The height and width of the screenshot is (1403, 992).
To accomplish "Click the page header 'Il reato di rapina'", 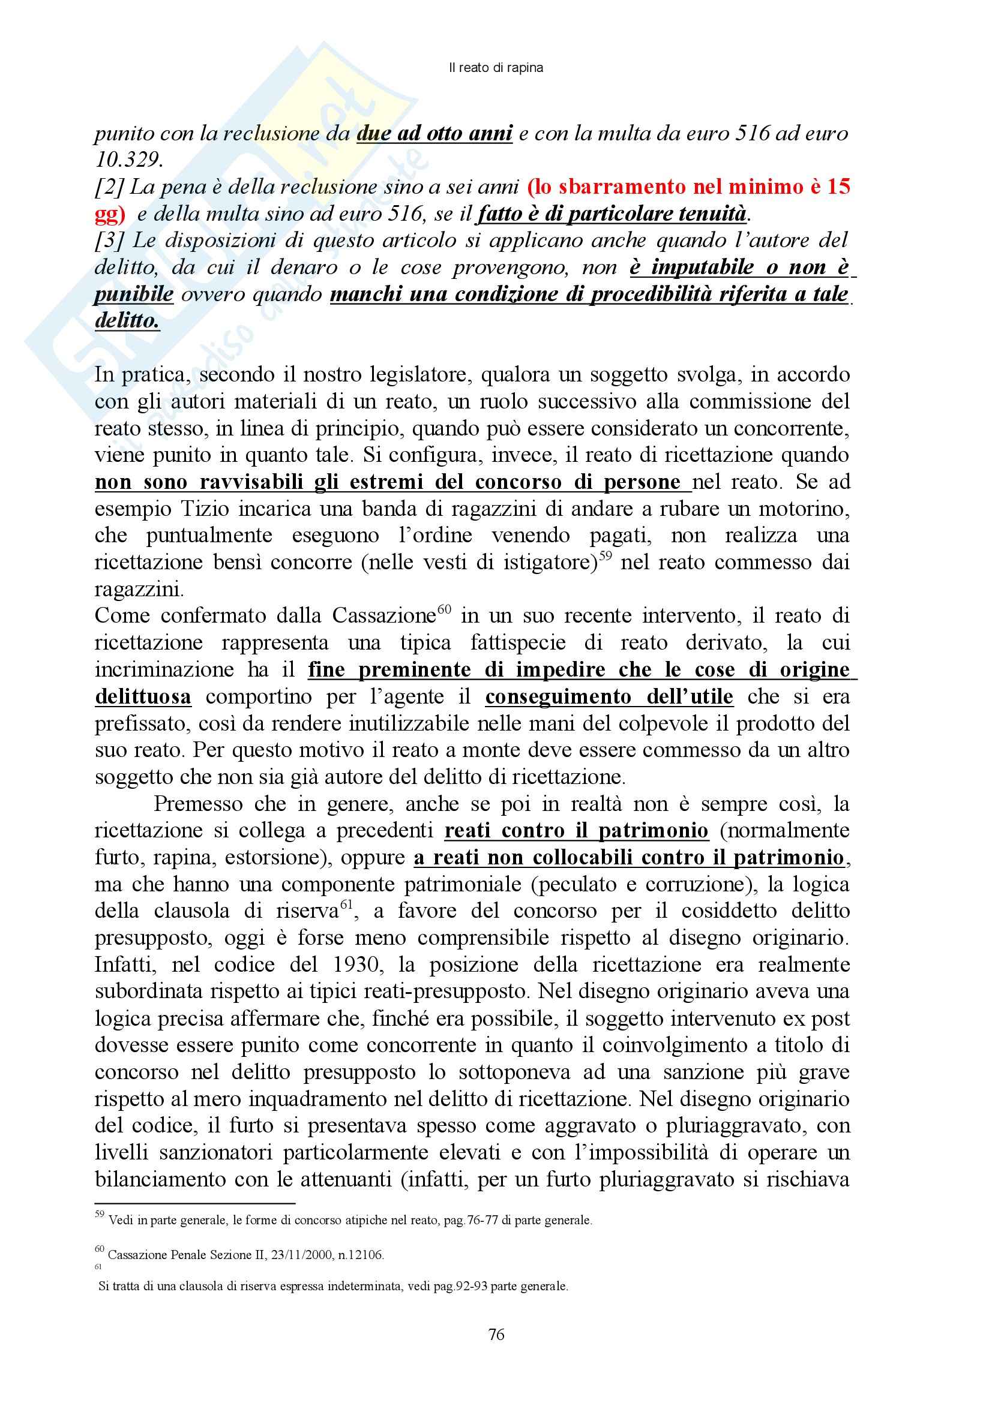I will click(x=496, y=68).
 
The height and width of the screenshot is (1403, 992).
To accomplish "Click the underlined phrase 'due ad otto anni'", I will click(x=434, y=133).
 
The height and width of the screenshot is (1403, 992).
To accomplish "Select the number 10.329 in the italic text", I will click(x=128, y=160).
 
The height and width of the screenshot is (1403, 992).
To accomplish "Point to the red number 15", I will click(x=838, y=187).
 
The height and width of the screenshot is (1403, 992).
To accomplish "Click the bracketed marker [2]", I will click(x=109, y=187).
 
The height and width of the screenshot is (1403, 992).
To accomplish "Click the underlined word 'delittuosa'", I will click(x=143, y=696).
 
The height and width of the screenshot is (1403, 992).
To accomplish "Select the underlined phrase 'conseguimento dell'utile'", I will click(x=609, y=696).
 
